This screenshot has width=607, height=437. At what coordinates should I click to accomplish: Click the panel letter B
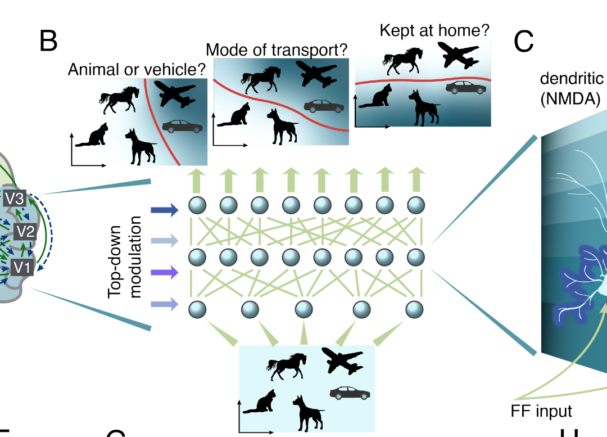click(48, 41)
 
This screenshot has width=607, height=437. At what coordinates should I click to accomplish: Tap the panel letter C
click(523, 41)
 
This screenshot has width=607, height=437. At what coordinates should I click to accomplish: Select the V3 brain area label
click(15, 199)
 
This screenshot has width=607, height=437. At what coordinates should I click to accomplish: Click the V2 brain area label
click(25, 231)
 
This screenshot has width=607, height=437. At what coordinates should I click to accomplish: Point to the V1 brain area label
click(22, 267)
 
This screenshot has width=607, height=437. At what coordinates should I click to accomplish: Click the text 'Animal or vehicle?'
click(137, 70)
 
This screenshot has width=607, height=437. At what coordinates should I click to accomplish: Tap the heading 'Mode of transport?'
click(277, 50)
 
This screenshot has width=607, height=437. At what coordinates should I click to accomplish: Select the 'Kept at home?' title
click(434, 30)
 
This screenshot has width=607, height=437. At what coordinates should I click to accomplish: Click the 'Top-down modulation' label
click(125, 257)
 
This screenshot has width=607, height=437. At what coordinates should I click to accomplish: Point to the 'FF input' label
click(541, 411)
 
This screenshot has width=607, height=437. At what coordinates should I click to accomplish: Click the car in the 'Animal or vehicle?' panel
click(182, 127)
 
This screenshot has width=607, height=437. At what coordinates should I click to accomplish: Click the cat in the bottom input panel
click(261, 402)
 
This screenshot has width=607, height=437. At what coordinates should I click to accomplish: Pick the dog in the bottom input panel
click(309, 413)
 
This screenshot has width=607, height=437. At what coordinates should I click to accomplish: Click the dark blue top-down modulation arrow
click(164, 210)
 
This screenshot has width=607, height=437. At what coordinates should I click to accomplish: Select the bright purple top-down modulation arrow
click(164, 272)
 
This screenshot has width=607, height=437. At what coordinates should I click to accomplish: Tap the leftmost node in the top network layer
click(197, 205)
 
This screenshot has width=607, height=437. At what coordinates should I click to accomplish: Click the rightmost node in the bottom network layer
click(415, 309)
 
